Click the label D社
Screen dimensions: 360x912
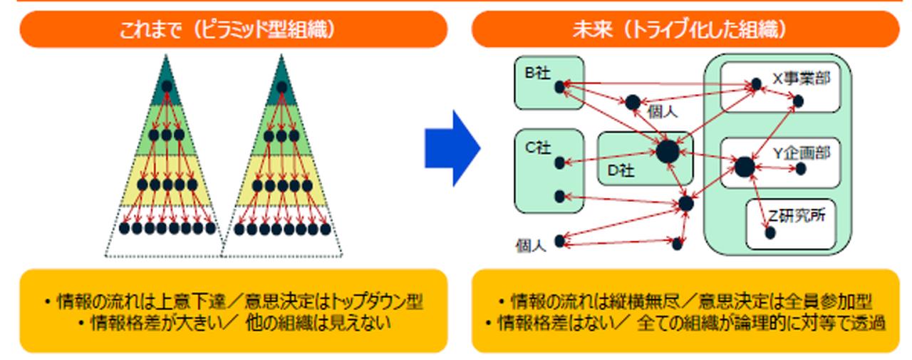tap(621, 171)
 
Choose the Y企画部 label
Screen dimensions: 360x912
tap(802, 153)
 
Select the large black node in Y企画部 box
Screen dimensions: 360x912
tap(744, 167)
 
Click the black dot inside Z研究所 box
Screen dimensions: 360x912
tap(768, 232)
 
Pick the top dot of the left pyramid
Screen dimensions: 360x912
tap(167, 87)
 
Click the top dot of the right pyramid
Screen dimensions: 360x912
tap(281, 87)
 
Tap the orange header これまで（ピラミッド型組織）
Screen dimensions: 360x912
tap(234, 29)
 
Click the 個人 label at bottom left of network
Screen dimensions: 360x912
tap(531, 247)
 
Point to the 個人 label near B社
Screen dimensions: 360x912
tap(663, 112)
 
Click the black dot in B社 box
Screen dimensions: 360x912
tap(559, 85)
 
